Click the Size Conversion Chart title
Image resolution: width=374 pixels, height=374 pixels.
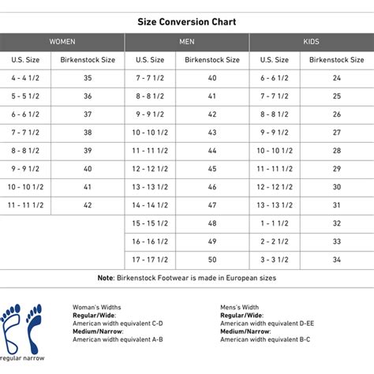(x=186, y=22)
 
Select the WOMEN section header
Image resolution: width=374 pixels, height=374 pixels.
(x=62, y=41)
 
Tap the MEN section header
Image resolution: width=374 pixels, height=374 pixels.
(x=187, y=41)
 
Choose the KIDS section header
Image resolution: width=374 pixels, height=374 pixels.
(x=311, y=41)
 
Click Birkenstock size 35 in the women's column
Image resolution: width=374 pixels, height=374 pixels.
(x=87, y=78)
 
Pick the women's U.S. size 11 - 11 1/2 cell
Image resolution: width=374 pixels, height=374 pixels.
(x=26, y=205)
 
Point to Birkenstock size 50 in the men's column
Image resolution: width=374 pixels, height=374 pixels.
(x=211, y=260)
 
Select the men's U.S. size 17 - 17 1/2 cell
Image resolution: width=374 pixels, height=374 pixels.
(x=150, y=260)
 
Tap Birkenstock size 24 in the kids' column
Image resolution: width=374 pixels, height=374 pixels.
(x=336, y=78)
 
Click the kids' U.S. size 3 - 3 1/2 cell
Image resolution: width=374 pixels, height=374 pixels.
(x=275, y=260)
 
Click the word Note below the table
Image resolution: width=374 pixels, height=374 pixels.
(x=106, y=278)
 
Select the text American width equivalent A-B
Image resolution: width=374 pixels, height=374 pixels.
(x=118, y=338)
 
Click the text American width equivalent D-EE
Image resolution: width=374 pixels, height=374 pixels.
(x=265, y=324)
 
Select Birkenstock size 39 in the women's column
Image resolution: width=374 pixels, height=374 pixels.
(x=87, y=151)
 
